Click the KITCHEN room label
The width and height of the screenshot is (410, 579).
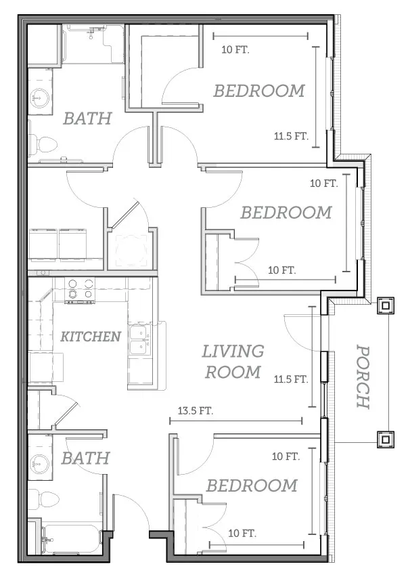[x=91, y=337]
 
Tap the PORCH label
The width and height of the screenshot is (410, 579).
[x=363, y=377]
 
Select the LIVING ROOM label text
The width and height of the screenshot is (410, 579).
[x=233, y=362]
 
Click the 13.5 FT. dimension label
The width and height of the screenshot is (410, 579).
[x=196, y=410]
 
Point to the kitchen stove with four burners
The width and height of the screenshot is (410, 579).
[x=80, y=290]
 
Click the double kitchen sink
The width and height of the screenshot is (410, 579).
[x=141, y=340]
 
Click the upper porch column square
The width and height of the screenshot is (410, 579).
[x=386, y=305]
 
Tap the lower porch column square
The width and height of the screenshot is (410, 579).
[x=386, y=439]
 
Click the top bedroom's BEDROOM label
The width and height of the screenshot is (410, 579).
[x=259, y=91]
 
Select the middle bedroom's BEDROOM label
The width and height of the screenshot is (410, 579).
[x=286, y=213]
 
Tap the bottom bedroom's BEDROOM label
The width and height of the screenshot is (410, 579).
[x=252, y=486]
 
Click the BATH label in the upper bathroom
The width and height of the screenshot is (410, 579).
[x=87, y=119]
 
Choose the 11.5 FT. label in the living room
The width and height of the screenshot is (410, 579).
[x=291, y=379]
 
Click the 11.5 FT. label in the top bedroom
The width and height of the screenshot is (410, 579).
[x=291, y=136]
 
